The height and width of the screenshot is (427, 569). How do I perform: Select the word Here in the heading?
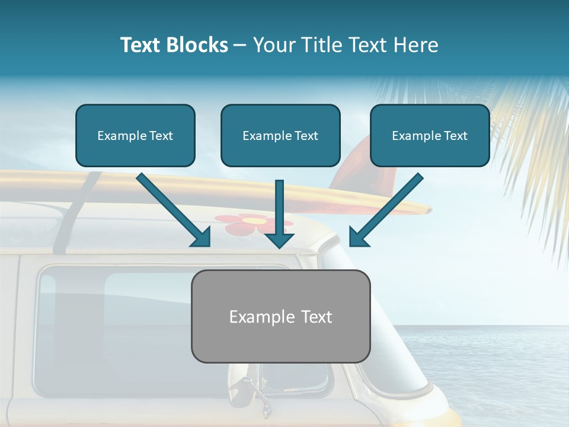point(417,45)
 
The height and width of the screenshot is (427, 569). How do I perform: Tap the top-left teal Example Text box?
point(135,135)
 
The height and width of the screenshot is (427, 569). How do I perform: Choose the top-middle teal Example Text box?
point(280,135)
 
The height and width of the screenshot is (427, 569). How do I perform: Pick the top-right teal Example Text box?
point(430,135)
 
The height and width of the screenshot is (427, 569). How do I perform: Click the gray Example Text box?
point(280,316)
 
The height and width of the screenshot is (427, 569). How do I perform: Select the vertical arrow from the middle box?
point(279,213)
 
